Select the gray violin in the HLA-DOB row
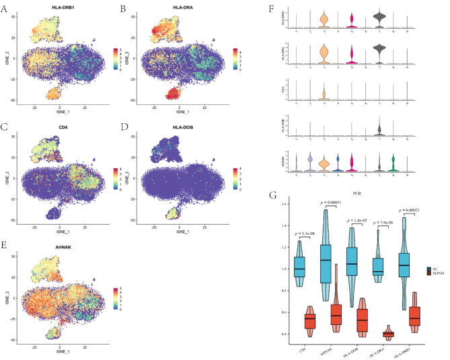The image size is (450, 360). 380,129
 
